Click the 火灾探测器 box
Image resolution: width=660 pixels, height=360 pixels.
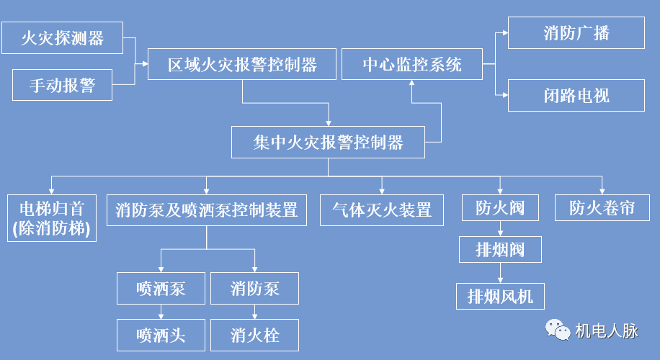63,38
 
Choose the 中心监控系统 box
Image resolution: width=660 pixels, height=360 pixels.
411,65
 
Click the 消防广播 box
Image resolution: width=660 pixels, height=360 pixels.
576,33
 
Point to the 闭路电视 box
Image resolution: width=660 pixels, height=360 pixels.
576,96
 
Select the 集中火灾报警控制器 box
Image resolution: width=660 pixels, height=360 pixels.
329,142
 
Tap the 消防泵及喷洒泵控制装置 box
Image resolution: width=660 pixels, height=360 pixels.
207,210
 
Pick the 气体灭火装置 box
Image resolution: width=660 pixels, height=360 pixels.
382,210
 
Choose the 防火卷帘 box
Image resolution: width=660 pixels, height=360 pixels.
602,208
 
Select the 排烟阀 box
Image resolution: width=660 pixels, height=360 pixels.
500,250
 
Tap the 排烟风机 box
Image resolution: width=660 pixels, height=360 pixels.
500,295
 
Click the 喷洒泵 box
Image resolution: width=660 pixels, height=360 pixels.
161,289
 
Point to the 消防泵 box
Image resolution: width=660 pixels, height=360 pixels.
254,289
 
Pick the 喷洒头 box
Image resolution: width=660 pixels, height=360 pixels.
161,335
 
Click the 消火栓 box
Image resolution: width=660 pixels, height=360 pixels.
254,335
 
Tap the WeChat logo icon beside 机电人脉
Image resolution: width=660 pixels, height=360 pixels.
557,330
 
